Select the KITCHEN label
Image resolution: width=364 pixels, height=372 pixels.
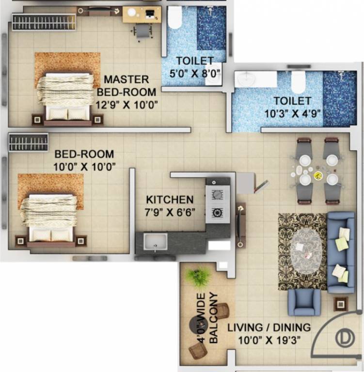(170, 200)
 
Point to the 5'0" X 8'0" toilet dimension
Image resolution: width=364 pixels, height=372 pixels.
(195, 73)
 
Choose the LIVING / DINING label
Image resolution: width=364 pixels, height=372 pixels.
(269, 328)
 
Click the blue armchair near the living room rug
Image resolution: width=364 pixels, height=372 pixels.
(303, 302)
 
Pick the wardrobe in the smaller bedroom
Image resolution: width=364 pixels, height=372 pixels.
(28, 142)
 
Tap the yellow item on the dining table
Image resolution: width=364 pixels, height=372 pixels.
(318, 175)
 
